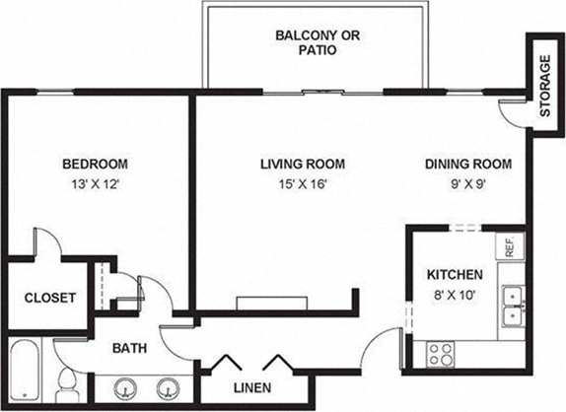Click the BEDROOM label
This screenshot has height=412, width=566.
(x=95, y=164)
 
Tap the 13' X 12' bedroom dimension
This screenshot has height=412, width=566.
(x=95, y=183)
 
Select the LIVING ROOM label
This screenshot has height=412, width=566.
(x=303, y=164)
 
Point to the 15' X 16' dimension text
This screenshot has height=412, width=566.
(x=303, y=183)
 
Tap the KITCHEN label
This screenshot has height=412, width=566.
(x=454, y=274)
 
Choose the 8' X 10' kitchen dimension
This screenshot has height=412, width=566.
(x=454, y=293)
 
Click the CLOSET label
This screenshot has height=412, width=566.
(x=49, y=298)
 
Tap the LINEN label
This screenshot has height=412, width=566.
(x=252, y=386)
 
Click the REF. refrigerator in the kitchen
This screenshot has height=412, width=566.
(x=511, y=246)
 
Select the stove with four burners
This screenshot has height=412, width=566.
(x=441, y=353)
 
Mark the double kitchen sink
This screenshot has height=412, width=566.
(x=512, y=306)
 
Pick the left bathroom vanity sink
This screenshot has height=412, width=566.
(x=127, y=388)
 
